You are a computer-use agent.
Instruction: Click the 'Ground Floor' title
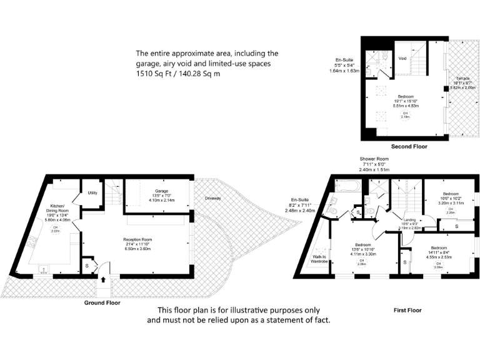[102, 302]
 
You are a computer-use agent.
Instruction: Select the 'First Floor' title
[407, 310]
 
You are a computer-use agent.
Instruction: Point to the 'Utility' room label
[92, 193]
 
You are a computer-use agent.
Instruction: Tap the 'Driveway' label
[212, 198]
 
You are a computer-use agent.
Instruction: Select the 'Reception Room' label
[138, 239]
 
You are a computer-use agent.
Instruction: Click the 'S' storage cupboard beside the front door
[87, 264]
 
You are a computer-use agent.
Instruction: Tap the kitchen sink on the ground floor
[44, 271]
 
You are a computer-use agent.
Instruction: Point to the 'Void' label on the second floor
[402, 58]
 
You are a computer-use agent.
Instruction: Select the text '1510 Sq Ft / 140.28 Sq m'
[178, 74]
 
